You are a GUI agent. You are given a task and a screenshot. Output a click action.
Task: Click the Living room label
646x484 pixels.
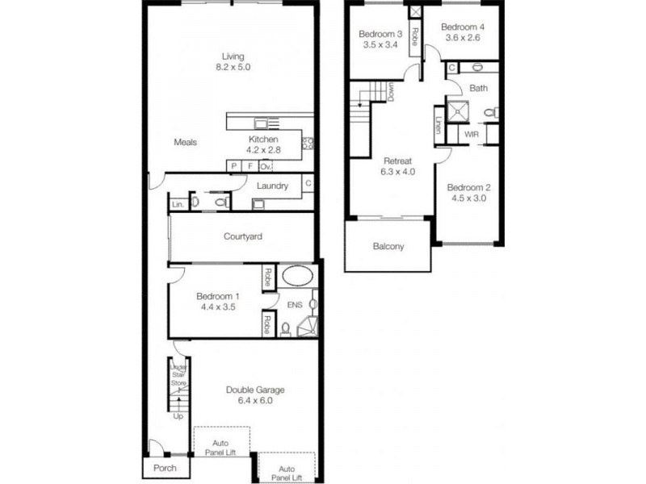point(233,56)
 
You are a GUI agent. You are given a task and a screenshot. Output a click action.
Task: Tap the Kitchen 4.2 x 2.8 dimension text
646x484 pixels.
point(262,149)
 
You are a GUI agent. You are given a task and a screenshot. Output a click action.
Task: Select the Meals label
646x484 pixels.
point(186,143)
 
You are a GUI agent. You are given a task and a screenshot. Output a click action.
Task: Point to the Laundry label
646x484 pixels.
point(272,186)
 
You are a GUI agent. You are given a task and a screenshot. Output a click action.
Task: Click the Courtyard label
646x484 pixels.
point(243,236)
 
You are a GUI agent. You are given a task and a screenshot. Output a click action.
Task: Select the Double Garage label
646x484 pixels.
point(254,390)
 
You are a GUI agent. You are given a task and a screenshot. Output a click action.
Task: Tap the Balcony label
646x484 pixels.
point(388,247)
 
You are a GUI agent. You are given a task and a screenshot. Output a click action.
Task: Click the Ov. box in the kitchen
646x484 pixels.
point(265,166)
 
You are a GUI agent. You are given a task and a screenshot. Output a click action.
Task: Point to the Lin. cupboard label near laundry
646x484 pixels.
point(177,205)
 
